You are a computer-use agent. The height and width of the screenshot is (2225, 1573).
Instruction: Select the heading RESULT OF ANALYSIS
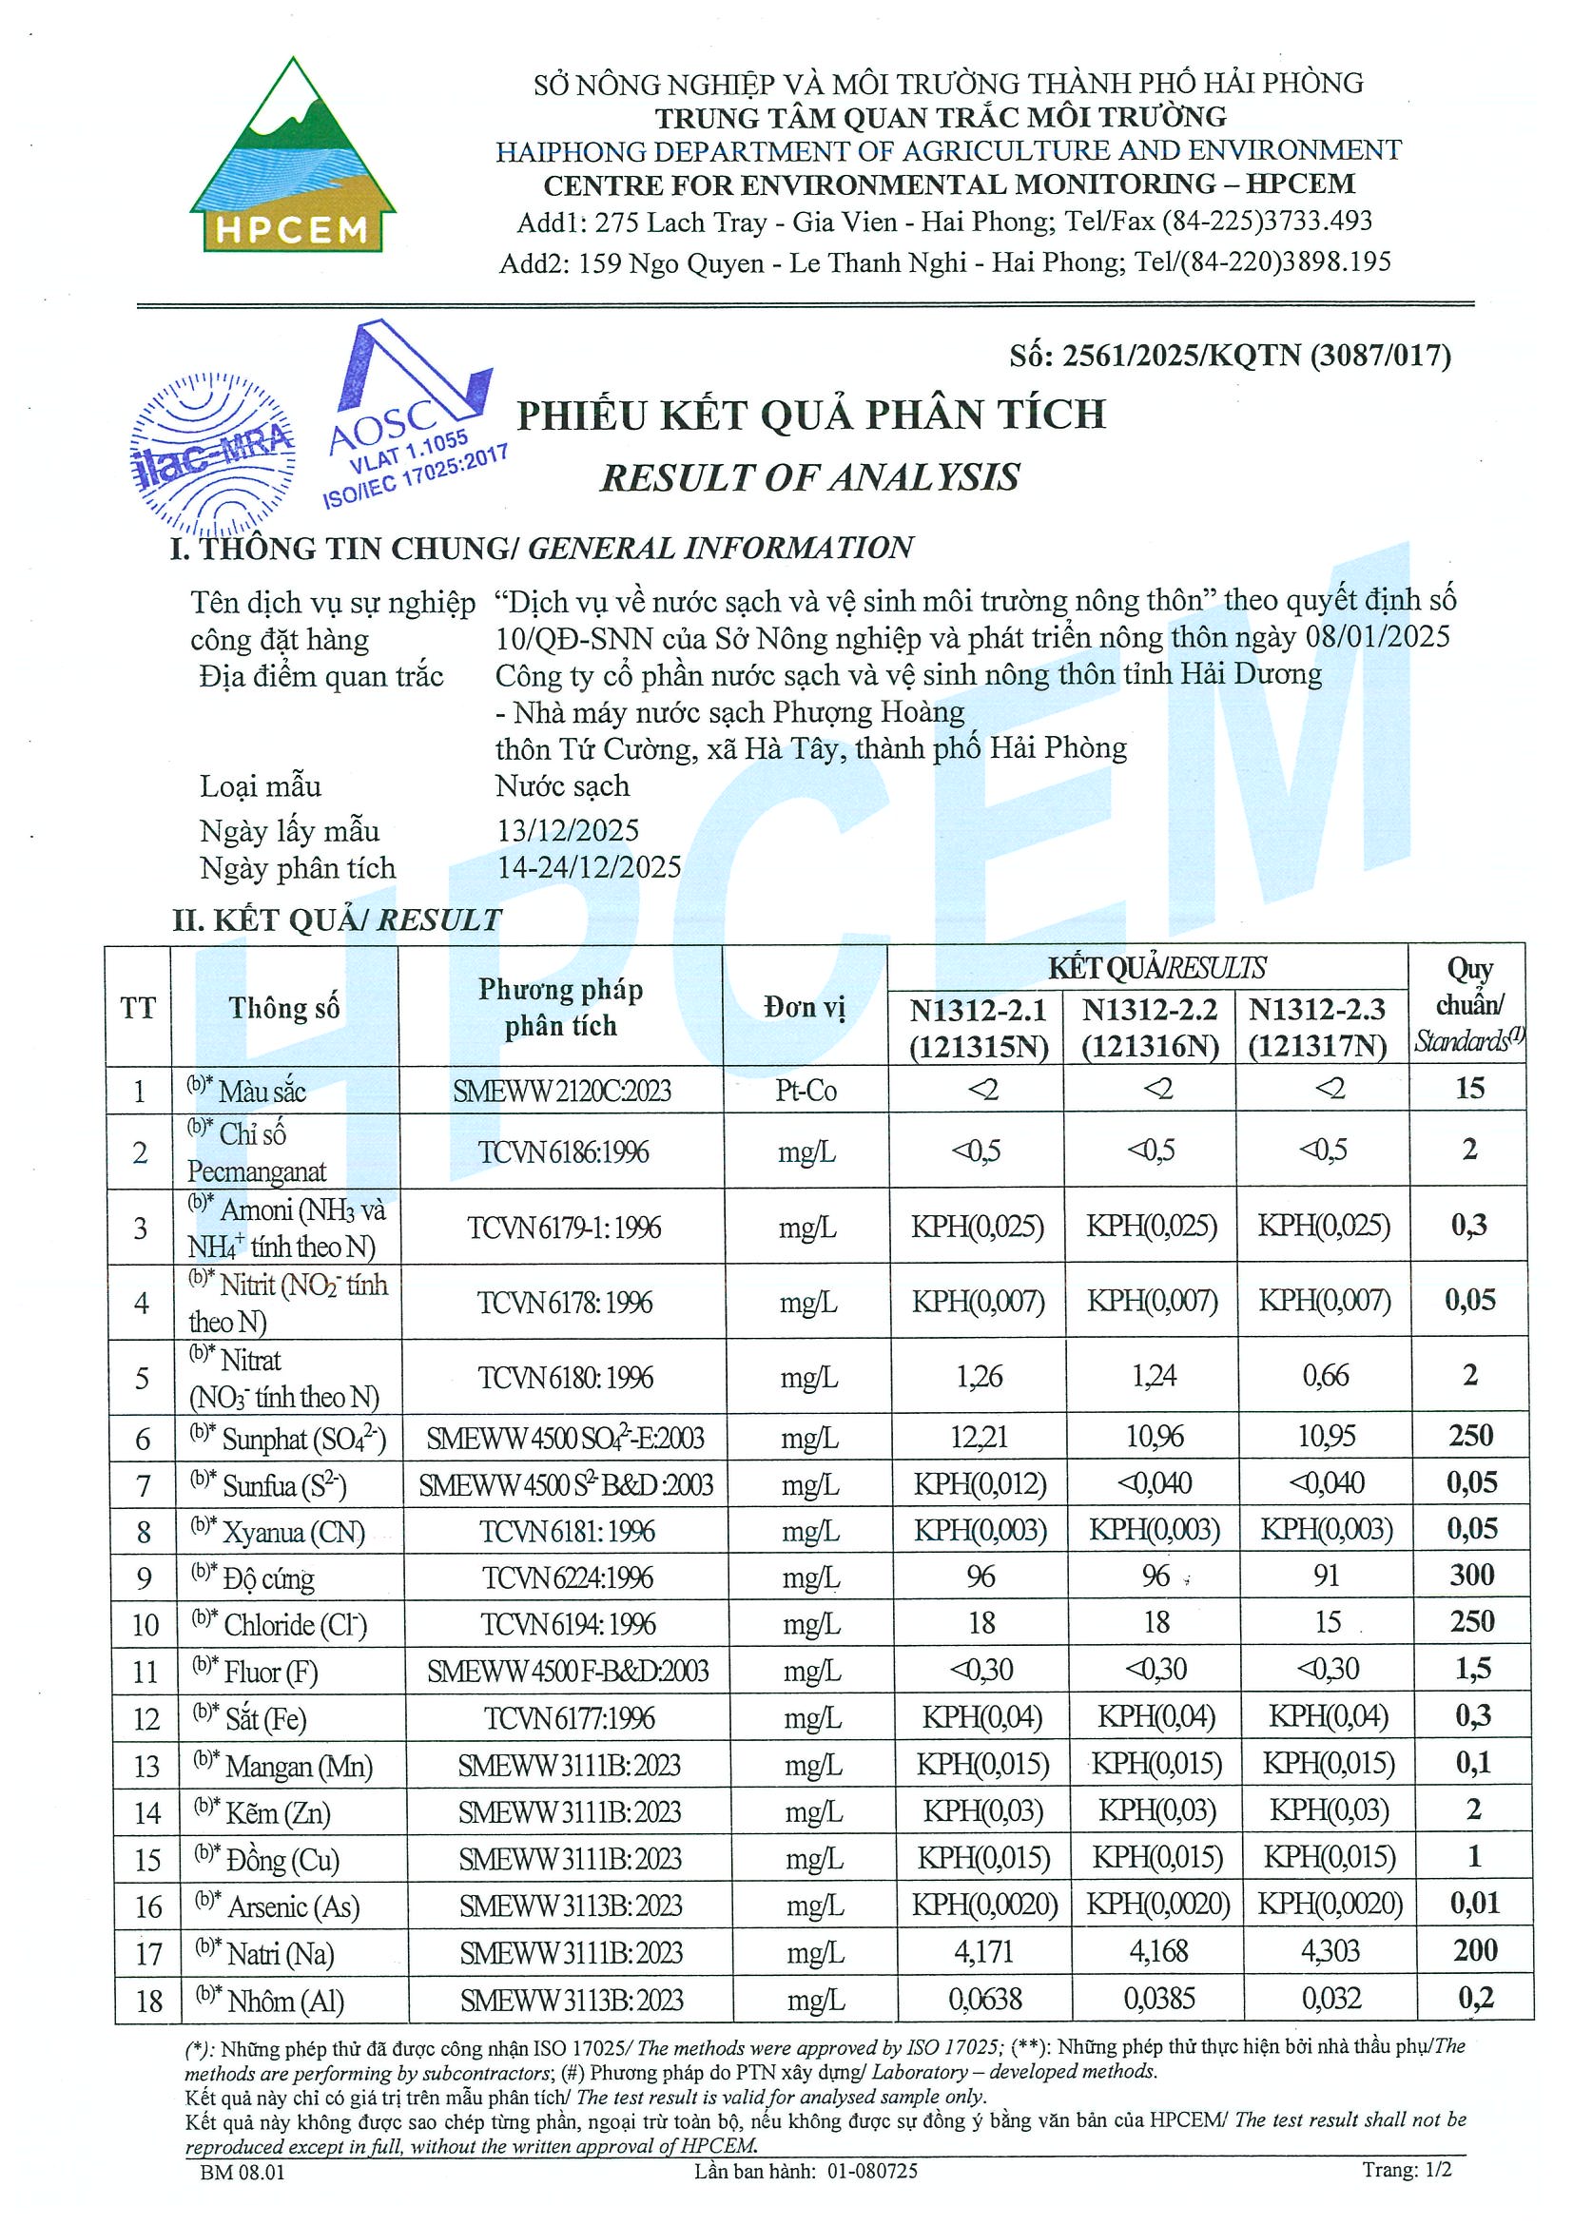(x=809, y=476)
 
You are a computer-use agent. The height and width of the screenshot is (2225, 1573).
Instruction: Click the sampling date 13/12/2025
(x=568, y=830)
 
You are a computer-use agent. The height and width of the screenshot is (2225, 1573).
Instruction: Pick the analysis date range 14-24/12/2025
(x=590, y=867)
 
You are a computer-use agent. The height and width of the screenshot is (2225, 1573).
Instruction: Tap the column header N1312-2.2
(x=1150, y=1011)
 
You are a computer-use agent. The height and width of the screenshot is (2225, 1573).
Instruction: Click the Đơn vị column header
(x=805, y=1008)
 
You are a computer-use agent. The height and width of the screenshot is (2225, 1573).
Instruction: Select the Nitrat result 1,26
(x=979, y=1377)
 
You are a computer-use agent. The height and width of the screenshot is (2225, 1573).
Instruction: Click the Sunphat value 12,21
(x=979, y=1437)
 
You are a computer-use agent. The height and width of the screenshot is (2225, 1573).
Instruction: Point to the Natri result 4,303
(x=1330, y=1950)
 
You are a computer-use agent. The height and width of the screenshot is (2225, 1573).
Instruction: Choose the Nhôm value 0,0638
(x=984, y=1999)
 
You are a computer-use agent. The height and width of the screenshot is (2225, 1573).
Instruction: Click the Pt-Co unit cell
(x=806, y=1092)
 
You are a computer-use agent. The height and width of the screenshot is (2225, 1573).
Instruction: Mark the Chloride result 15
(x=1327, y=1622)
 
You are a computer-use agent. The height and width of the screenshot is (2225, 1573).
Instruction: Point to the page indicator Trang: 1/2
(x=1407, y=2170)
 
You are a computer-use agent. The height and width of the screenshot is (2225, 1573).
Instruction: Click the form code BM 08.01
(x=243, y=2172)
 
